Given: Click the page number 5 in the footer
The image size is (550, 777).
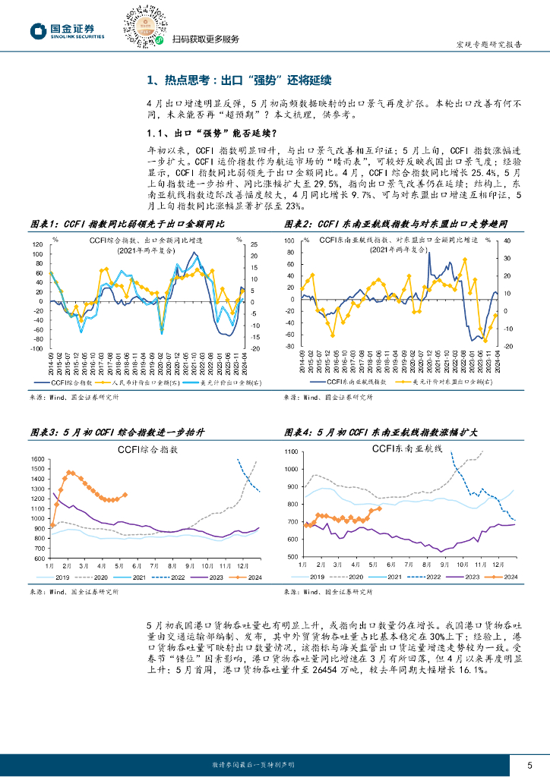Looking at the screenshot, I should tap(529, 764).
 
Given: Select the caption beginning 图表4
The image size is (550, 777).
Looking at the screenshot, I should tap(381, 432).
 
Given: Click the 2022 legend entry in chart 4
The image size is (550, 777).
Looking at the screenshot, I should tap(431, 577).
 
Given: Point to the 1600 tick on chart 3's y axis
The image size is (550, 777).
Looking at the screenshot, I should tap(36, 461).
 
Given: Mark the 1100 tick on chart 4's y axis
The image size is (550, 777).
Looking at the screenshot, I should tap(292, 451).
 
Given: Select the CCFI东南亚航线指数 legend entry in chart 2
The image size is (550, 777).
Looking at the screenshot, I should tap(351, 384).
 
